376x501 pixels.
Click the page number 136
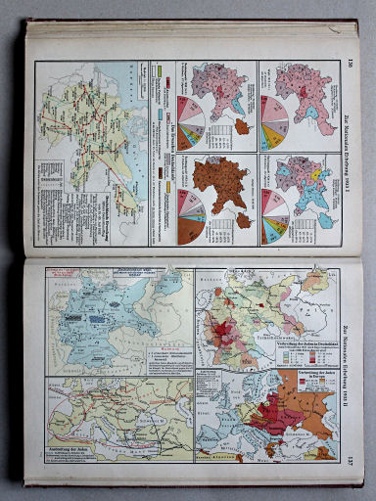click(350, 67)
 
